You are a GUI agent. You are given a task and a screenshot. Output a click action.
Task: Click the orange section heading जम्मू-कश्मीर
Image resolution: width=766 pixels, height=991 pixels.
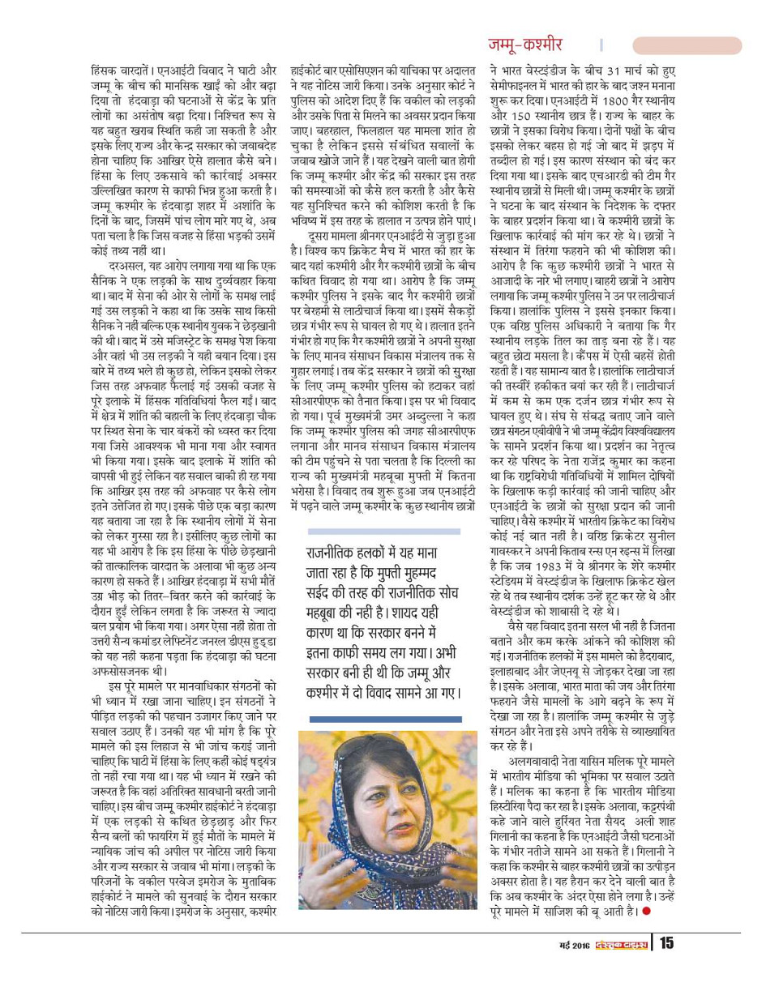[524, 45]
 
